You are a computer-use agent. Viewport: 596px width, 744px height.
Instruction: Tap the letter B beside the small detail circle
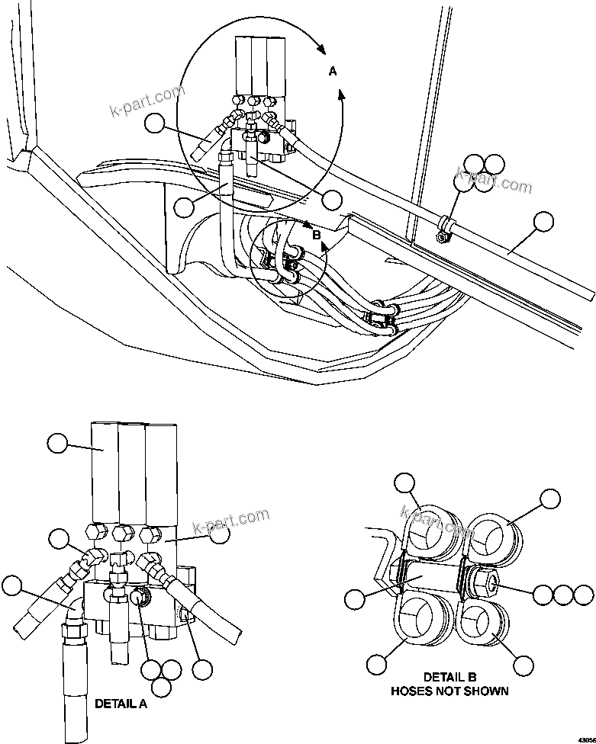point(316,235)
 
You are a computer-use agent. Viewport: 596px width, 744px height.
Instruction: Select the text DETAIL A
point(120,704)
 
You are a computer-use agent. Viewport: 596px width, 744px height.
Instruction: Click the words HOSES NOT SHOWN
point(449,691)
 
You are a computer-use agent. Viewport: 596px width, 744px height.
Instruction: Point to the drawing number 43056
point(582,737)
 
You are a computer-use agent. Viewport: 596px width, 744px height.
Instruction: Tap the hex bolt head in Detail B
point(485,582)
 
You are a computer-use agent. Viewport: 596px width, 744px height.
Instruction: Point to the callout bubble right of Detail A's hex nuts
point(219,535)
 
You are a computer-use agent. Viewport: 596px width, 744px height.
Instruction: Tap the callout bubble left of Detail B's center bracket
point(355,599)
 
